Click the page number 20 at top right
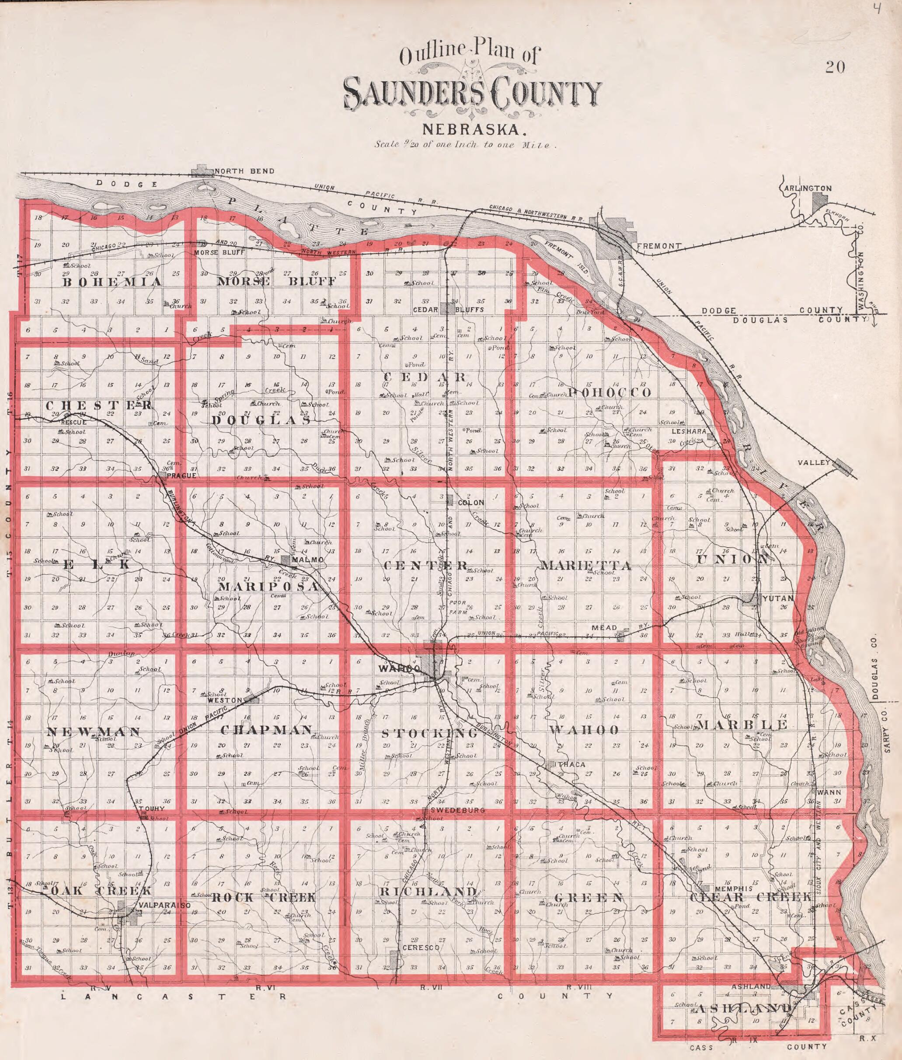835,67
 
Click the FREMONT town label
659,246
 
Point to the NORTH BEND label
244,171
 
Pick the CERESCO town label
421,948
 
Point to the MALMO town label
307,560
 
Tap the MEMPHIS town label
733,889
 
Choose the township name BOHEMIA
112,282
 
